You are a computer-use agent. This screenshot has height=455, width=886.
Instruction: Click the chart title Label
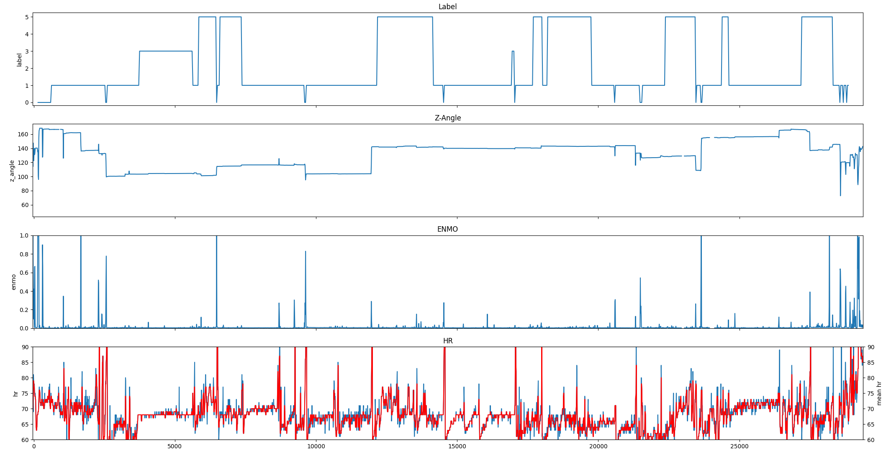pos(447,7)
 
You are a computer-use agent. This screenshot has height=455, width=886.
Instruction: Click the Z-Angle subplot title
pos(447,118)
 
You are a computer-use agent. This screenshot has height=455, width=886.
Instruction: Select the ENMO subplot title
pos(447,229)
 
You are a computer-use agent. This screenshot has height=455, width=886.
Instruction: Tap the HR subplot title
pos(447,341)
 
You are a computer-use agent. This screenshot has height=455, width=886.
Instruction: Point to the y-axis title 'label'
pos(19,59)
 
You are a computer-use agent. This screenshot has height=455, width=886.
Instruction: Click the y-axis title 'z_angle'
pos(13,171)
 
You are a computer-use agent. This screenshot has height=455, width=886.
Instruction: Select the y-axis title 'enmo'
pos(13,282)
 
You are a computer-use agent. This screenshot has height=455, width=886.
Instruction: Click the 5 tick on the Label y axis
pos(27,17)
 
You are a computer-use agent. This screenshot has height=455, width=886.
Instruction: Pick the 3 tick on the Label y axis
pos(27,51)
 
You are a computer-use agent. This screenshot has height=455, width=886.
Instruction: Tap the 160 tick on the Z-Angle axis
pos(23,134)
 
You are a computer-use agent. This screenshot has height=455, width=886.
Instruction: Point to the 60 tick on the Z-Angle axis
pos(25,205)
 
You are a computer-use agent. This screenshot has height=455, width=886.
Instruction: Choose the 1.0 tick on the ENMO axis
pos(24,236)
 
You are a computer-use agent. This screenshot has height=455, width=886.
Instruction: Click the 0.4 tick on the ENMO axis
pos(24,291)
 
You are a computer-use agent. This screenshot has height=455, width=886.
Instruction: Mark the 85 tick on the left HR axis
pos(25,363)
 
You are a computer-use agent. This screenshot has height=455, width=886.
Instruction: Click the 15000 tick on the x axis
pos(457,446)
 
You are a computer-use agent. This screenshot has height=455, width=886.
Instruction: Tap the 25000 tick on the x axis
pos(740,446)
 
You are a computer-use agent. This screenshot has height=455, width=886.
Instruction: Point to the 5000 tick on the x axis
pos(175,446)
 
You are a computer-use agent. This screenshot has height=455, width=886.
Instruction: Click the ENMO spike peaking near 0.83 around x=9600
pos(306,252)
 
